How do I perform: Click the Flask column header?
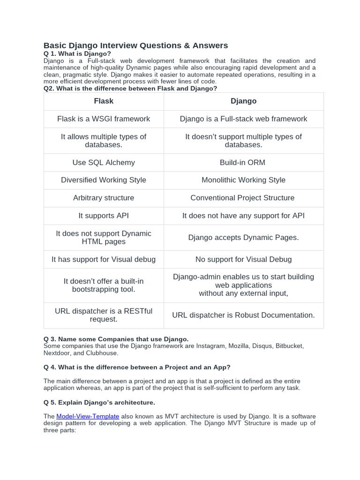[x=104, y=101]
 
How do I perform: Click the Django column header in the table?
[x=243, y=101]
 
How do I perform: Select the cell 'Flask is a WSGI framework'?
[x=104, y=119]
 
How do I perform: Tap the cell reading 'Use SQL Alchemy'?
[x=104, y=163]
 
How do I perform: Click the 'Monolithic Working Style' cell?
[x=243, y=180]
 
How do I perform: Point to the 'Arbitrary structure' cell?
[x=104, y=198]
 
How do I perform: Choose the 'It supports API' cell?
[x=104, y=216]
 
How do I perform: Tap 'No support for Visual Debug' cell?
[x=243, y=259]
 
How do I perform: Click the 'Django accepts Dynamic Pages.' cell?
[x=243, y=238]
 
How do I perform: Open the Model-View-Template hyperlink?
[x=88, y=416]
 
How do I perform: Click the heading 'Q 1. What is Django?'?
[x=77, y=54]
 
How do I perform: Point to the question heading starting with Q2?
[x=130, y=88]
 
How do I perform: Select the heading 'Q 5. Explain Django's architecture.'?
[x=99, y=402]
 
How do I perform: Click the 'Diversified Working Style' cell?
[x=104, y=180]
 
